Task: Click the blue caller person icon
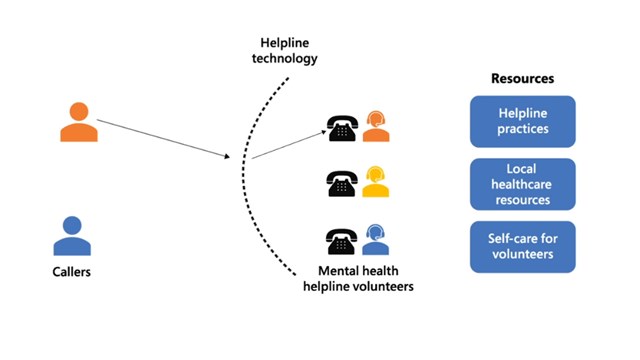[72, 237]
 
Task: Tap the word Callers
[72, 271]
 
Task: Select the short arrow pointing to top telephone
[286, 144]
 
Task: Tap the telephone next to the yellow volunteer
[342, 184]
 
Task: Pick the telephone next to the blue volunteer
[342, 241]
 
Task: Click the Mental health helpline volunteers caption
[358, 279]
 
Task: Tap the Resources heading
[522, 78]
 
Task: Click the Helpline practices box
[522, 122]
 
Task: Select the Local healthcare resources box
[522, 184]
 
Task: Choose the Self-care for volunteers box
[522, 247]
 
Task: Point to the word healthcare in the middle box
[522, 184]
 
